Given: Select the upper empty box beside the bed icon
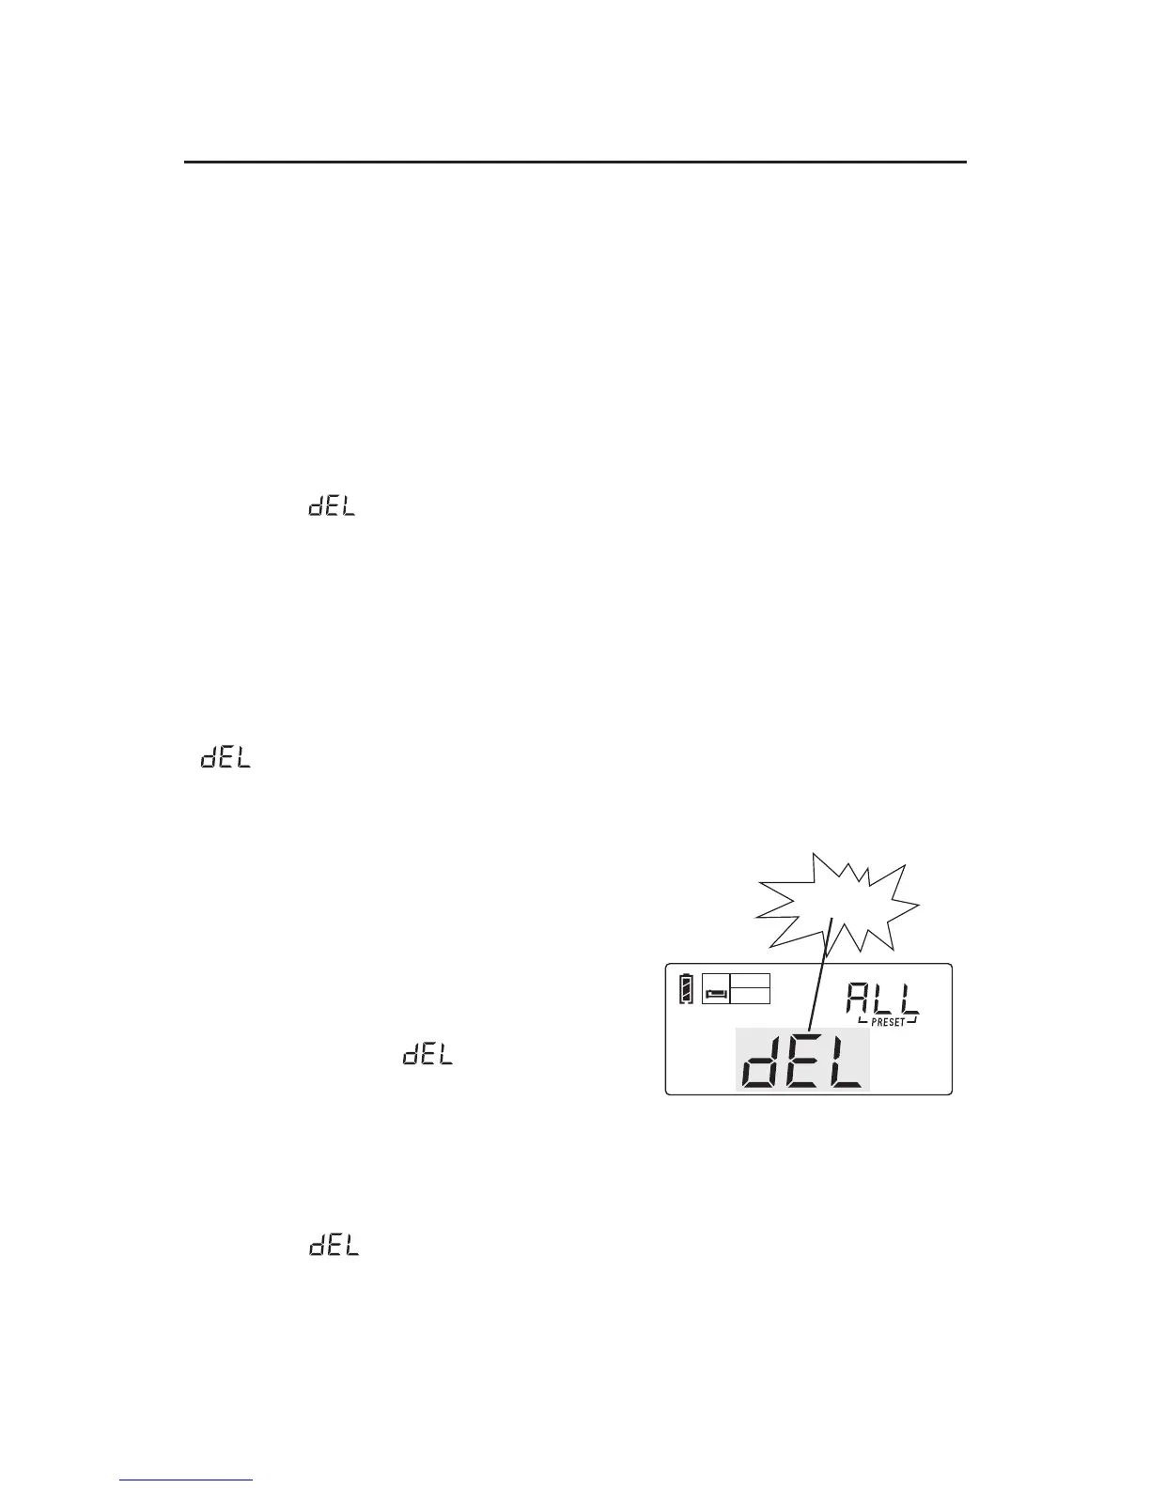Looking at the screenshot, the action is (x=750, y=981).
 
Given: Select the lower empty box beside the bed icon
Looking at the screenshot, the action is (x=750, y=996).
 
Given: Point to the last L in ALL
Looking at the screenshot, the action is (x=909, y=999).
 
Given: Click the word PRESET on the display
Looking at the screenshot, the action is (x=887, y=1023).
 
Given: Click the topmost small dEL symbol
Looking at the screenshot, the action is (x=332, y=507).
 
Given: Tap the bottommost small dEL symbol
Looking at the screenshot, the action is (x=334, y=1247).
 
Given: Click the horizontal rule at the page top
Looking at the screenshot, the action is (x=574, y=163).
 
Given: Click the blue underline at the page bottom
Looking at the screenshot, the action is (x=187, y=1480).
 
